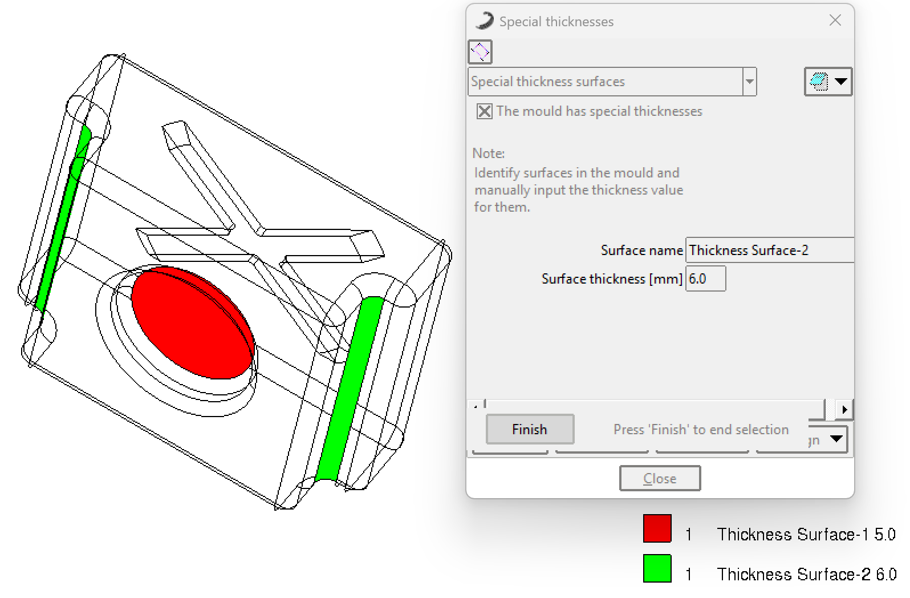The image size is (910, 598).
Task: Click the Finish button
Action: pyautogui.click(x=530, y=429)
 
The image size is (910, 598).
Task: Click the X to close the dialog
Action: pyautogui.click(x=835, y=21)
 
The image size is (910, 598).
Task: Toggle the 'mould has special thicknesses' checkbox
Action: pyautogui.click(x=484, y=111)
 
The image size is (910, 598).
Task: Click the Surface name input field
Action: pyautogui.click(x=769, y=250)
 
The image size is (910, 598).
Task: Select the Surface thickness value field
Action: pyautogui.click(x=706, y=278)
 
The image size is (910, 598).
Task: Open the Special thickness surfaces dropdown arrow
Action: pyautogui.click(x=750, y=82)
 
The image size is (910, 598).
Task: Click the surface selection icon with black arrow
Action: pyautogui.click(x=828, y=81)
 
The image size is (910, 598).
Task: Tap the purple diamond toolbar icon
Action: pyautogui.click(x=480, y=51)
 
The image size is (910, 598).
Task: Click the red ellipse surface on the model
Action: pyautogui.click(x=193, y=322)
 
